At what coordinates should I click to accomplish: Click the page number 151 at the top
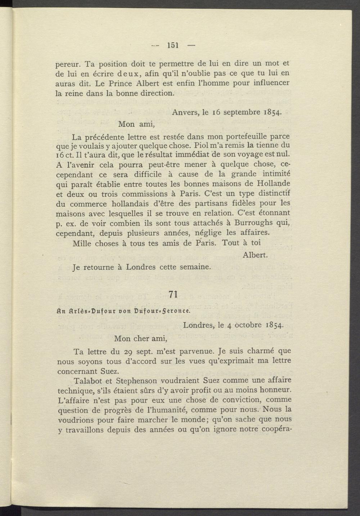pos(173,45)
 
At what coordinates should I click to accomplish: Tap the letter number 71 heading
pos(173,294)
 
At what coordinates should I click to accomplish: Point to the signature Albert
pos(255,255)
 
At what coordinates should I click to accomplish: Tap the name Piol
pos(201,146)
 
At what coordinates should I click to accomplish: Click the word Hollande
pos(272,184)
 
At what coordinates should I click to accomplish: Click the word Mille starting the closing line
pos(82,243)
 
